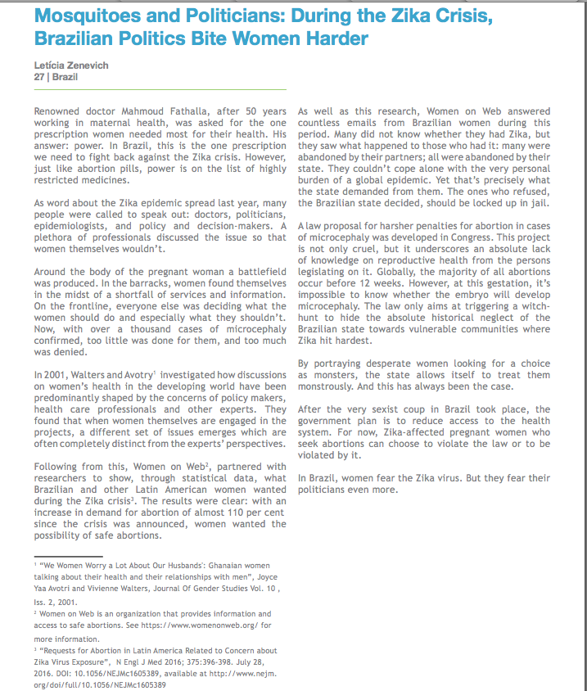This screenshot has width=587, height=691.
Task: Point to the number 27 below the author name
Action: coord(39,76)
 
